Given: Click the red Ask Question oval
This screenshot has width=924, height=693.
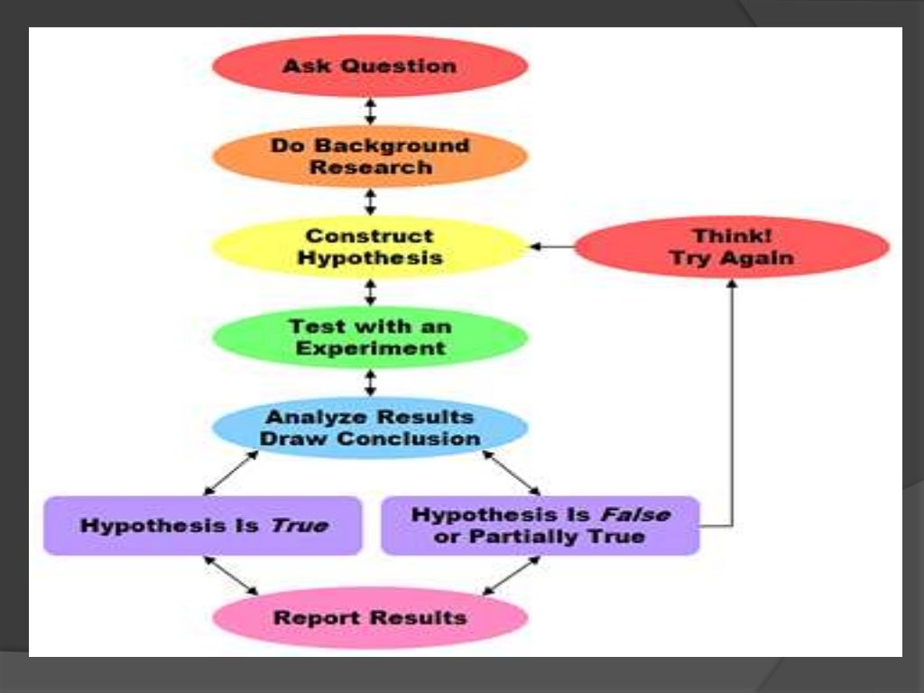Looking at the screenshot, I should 370,66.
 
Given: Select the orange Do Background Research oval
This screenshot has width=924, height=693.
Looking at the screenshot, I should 370,156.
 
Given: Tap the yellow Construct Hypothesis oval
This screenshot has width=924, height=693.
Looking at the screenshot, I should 370,246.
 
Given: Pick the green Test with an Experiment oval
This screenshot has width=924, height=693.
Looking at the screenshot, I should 370,337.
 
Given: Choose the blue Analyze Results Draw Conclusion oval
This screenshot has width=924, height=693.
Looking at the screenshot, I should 370,428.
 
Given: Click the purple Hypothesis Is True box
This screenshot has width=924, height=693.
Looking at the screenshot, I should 203,525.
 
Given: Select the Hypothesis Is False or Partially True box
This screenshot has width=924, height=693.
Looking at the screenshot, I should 541,525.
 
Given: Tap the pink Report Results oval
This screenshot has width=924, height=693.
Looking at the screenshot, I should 370,618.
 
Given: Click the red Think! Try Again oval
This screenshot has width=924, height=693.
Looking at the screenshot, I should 732,246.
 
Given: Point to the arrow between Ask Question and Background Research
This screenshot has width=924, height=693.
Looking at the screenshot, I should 370,111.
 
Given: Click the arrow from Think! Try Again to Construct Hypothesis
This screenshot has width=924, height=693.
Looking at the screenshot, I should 551,246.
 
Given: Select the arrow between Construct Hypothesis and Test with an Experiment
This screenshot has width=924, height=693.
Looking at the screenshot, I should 370,291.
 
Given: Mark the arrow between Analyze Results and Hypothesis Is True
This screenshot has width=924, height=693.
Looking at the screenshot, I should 231,473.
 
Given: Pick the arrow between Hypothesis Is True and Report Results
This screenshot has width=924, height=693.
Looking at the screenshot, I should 231,575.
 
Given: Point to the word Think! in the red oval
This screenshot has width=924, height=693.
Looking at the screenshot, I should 732,236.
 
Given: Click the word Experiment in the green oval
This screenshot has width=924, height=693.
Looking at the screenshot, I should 370,348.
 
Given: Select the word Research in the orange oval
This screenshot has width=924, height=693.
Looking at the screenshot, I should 370,168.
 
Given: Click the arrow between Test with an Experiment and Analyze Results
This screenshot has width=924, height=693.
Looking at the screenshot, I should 370,382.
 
